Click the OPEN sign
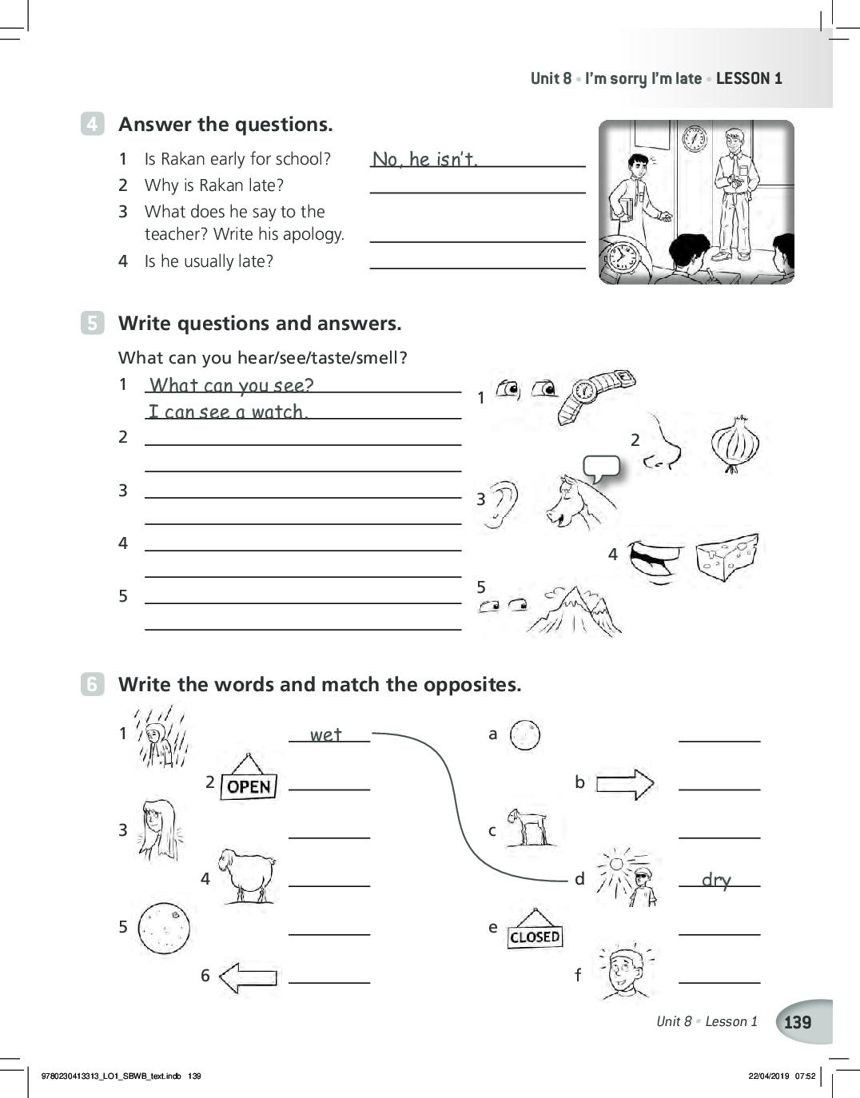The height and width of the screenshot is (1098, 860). [249, 786]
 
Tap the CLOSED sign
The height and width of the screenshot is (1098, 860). [535, 936]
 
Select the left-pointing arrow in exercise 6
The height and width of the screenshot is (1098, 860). [249, 977]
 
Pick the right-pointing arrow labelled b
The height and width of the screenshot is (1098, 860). [624, 784]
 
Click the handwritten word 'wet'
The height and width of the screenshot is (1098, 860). [326, 734]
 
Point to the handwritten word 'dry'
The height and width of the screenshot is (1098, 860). [716, 880]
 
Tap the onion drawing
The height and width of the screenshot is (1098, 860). [734, 444]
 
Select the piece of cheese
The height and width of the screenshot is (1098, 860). [727, 556]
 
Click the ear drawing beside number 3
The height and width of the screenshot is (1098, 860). [501, 504]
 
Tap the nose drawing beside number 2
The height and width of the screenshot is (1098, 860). [663, 443]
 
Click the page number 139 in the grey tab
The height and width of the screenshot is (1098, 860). [798, 1022]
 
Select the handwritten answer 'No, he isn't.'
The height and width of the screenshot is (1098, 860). [424, 159]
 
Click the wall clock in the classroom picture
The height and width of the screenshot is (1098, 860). [695, 138]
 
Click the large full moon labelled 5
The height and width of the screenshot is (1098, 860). [164, 928]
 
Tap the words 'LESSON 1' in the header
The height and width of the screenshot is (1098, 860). [749, 78]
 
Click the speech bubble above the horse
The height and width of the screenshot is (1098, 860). [602, 467]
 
